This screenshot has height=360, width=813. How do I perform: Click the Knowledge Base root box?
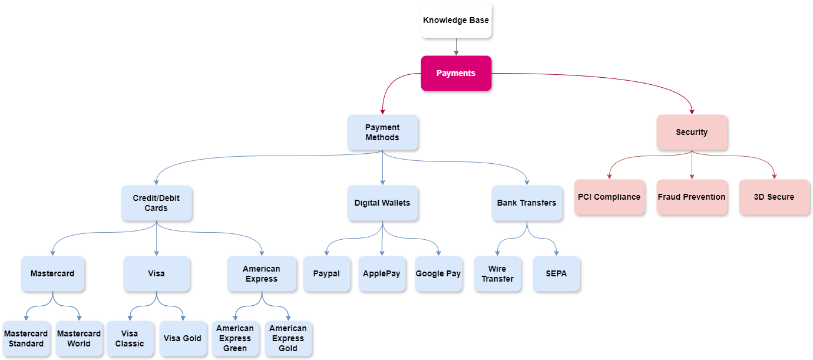[456, 21]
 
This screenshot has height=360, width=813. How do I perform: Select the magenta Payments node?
[456, 73]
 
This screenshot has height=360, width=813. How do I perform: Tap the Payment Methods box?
[382, 132]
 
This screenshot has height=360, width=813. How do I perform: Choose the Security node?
[692, 132]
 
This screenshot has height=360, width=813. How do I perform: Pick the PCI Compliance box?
[609, 197]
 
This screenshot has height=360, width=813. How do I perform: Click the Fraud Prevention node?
[692, 197]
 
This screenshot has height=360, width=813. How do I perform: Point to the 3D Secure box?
[774, 197]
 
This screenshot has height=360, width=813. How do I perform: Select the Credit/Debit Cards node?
[156, 203]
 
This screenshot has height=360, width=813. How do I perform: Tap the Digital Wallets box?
[382, 203]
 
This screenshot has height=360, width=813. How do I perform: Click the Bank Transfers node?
[527, 203]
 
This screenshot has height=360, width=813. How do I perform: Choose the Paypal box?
[326, 273]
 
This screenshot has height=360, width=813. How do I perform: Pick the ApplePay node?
[382, 273]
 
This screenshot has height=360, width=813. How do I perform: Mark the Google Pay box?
[438, 273]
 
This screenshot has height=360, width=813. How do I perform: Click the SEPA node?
[557, 273]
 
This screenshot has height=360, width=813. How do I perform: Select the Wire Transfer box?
[497, 273]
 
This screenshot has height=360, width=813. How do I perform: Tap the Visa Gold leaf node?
[183, 338]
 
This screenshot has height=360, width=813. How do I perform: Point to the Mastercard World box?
[79, 338]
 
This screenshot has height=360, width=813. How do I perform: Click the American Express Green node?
[235, 338]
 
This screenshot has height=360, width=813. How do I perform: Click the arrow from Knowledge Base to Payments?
[456, 47]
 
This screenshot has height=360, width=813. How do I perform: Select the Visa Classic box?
[130, 338]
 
